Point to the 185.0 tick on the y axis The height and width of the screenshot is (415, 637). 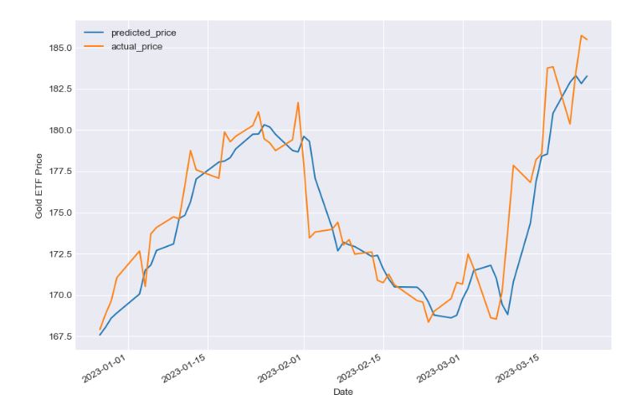(x=66, y=48)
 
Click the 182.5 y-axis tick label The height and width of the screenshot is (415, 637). (x=66, y=89)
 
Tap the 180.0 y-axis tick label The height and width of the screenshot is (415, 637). (x=66, y=131)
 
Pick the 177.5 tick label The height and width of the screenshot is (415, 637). (x=66, y=172)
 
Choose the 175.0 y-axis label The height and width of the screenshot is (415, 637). (x=66, y=213)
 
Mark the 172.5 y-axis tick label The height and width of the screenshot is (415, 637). (x=66, y=254)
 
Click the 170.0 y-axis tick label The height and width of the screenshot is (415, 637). (x=66, y=295)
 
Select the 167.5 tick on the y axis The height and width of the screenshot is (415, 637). (x=66, y=336)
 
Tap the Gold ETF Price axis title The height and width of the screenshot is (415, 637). (x=39, y=192)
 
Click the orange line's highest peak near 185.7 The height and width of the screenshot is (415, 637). (x=581, y=35)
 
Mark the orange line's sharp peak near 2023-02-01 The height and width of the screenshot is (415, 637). (x=298, y=103)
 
